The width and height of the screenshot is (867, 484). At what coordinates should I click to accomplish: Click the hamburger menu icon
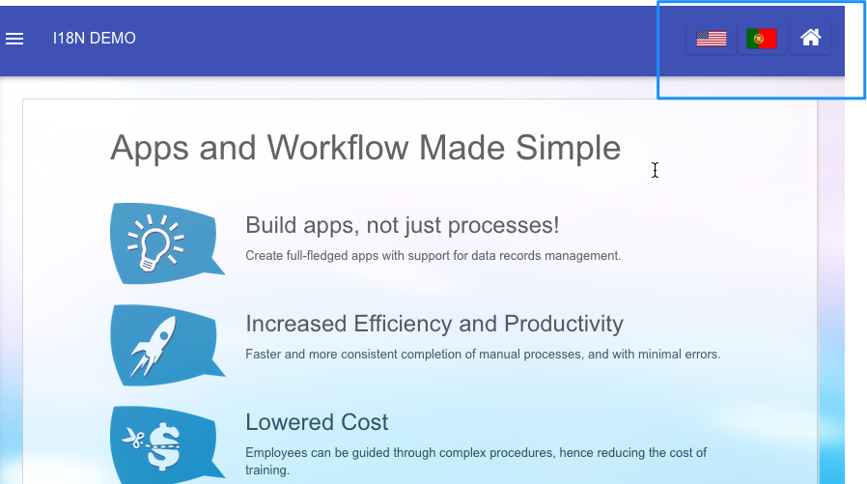14,39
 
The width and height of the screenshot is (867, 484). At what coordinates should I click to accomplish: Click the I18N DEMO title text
94,39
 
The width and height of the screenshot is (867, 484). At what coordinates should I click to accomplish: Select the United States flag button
711,39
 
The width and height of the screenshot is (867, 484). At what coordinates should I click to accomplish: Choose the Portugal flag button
762,39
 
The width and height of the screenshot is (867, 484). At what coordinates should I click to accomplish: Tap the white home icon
811,38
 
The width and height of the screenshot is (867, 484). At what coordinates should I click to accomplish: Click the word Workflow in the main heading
338,148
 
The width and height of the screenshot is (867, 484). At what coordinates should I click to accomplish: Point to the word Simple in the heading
568,148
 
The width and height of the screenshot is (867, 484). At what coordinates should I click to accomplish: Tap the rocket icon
153,346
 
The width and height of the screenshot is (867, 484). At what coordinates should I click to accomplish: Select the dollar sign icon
164,446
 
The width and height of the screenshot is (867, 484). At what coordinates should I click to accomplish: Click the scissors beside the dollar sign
133,439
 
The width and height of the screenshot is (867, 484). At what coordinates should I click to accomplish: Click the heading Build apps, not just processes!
402,225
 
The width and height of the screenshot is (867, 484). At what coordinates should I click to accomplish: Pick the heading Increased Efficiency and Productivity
434,324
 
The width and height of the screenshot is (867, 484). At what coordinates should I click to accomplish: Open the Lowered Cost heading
317,422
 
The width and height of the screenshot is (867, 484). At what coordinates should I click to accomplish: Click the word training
267,470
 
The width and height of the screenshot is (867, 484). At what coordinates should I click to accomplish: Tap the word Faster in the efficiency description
264,354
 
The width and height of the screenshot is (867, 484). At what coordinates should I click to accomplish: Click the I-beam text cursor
655,170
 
